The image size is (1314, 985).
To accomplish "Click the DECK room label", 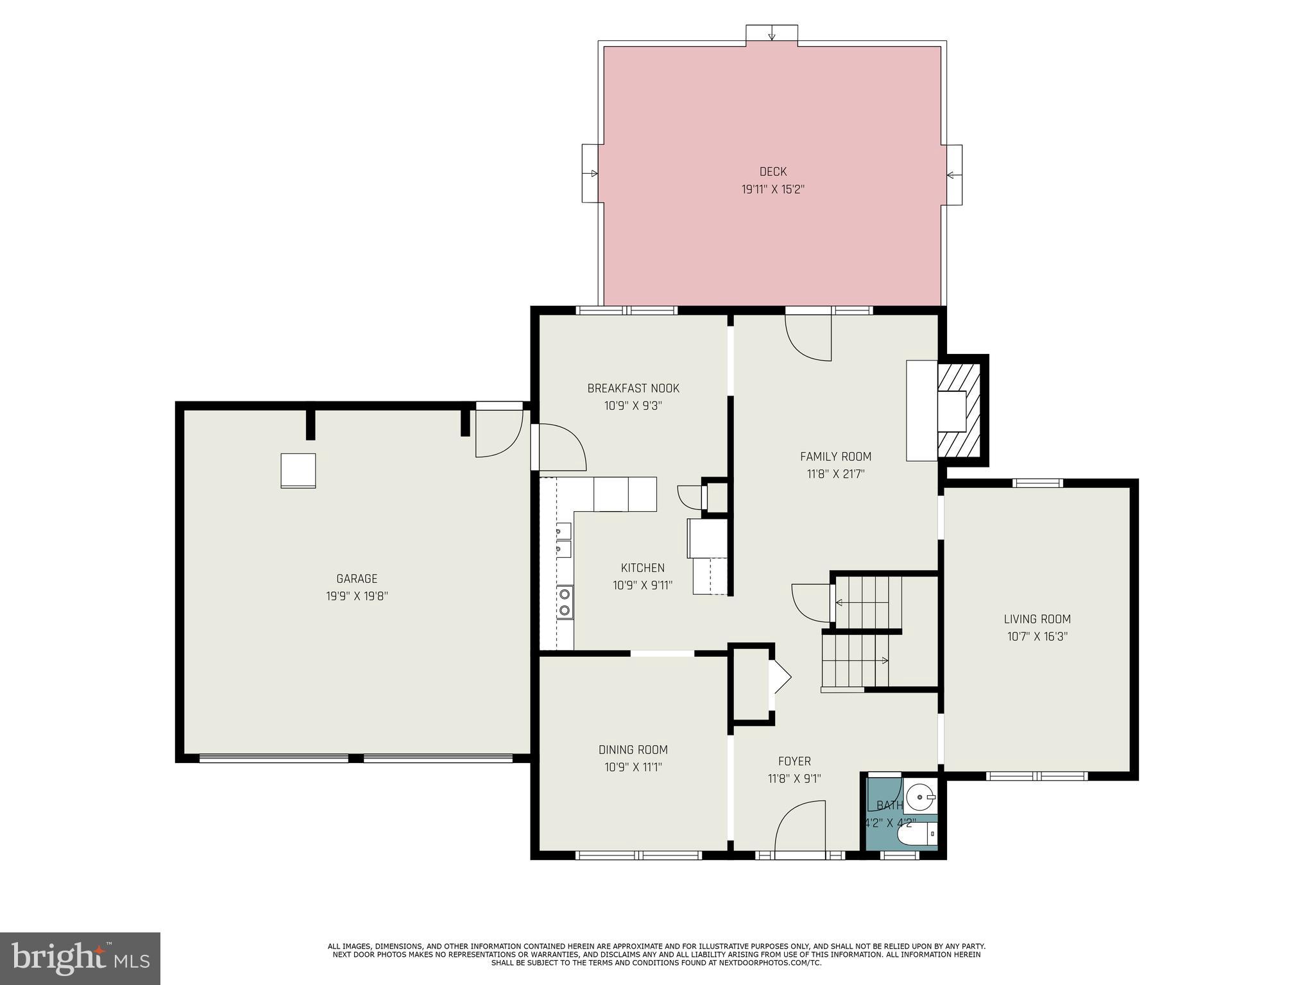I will pos(772,171).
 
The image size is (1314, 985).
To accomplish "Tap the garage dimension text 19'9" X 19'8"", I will pos(357,596).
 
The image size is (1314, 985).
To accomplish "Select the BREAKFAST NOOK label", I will pos(633,388).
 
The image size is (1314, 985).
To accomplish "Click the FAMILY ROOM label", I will pos(835,457).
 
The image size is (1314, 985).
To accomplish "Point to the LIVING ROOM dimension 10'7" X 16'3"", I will pos(1037,637).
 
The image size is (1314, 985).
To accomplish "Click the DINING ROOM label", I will pos(633,750).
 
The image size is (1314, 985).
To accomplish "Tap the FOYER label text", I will pos(794,761).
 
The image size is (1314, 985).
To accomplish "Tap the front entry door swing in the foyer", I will pos(800,827).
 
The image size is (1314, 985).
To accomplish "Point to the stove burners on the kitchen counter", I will pos(565,602).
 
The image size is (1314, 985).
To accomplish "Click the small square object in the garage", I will pos(298,470).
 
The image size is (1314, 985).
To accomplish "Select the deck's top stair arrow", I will pos(772,33).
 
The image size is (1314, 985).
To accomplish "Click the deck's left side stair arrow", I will pos(591,174).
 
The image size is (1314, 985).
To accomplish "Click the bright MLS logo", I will pos(80,958).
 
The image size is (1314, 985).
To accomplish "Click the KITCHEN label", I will pos(642,568).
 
